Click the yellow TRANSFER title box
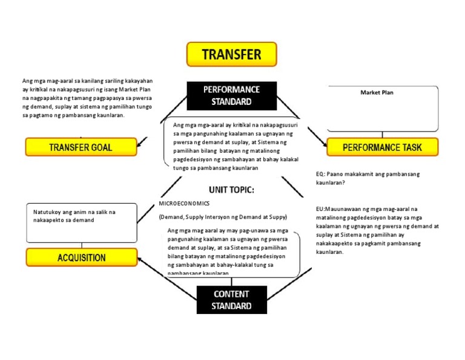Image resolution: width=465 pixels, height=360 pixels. click(231, 54)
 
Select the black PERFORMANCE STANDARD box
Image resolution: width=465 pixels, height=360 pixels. click(231, 96)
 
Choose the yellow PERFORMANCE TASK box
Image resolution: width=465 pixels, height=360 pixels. click(382, 147)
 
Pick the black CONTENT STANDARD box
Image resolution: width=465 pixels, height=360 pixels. click(231, 299)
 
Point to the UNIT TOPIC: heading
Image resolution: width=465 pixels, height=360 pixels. click(231, 190)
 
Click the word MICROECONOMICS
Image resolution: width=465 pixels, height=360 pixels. click(184, 204)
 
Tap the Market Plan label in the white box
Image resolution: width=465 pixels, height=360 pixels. click(377, 93)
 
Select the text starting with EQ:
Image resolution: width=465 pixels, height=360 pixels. click(321, 174)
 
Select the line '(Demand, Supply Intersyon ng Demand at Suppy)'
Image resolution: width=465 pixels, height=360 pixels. click(223, 217)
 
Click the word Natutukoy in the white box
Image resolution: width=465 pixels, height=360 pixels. click(47, 212)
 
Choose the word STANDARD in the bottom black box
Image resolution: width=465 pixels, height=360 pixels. click(231, 306)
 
